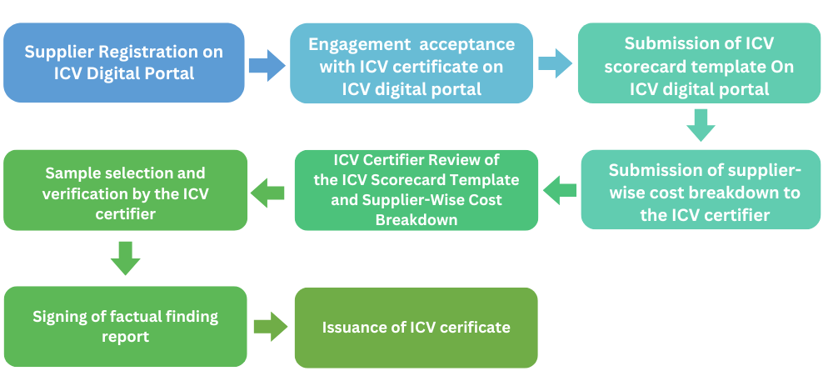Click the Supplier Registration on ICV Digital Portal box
123,63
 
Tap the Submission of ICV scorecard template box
698,63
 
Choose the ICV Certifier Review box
416,190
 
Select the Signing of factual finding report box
125,326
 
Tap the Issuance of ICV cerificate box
416,327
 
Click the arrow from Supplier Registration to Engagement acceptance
267,64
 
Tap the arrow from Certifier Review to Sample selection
268,193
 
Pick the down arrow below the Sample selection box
126,258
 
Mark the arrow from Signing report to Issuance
271,327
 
